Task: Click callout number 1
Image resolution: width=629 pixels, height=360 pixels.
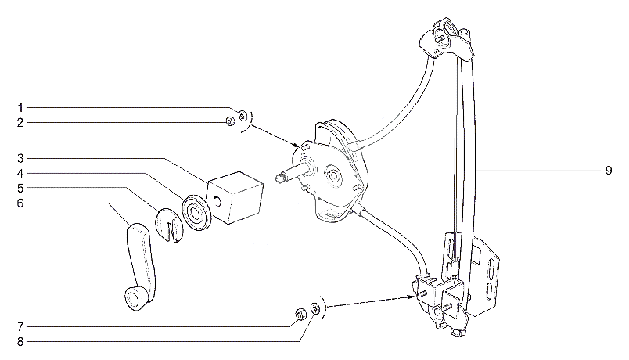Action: pyautogui.click(x=20, y=107)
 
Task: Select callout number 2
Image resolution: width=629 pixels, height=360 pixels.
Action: pyautogui.click(x=20, y=123)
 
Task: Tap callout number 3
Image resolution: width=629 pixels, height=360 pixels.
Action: pyautogui.click(x=20, y=159)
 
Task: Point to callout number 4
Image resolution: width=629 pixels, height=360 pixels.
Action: pyautogui.click(x=20, y=174)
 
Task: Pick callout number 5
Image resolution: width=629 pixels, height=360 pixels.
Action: pyautogui.click(x=20, y=189)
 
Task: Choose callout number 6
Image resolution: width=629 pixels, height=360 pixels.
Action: pyautogui.click(x=20, y=203)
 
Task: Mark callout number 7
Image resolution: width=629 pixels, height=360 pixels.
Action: pyautogui.click(x=20, y=327)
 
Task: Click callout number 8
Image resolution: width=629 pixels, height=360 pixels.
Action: pyautogui.click(x=20, y=342)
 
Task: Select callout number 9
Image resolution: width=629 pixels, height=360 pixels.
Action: pyautogui.click(x=609, y=171)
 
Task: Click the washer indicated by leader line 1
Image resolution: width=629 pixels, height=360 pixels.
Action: pyautogui.click(x=243, y=116)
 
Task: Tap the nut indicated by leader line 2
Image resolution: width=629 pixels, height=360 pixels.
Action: pyautogui.click(x=230, y=121)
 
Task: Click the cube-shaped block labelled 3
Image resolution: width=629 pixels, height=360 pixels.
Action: pyautogui.click(x=235, y=197)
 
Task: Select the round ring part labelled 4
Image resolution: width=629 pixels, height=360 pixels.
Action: pyautogui.click(x=196, y=213)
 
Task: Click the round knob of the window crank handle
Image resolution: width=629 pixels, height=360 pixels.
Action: pyautogui.click(x=134, y=298)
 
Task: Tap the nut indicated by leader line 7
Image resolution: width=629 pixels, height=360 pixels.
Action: pyautogui.click(x=300, y=315)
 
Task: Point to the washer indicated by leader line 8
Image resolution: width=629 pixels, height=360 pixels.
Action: pyautogui.click(x=316, y=308)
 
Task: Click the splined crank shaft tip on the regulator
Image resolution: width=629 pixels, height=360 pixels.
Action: pyautogui.click(x=281, y=178)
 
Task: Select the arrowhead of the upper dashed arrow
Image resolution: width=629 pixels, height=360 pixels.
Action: pyautogui.click(x=297, y=145)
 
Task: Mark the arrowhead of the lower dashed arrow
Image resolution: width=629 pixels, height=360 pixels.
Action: pyautogui.click(x=412, y=297)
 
